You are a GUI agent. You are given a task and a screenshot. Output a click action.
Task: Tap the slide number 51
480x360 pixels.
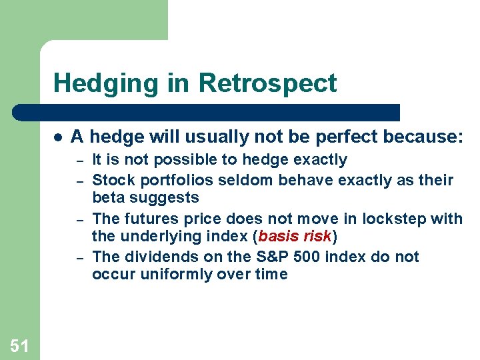pos(19,345)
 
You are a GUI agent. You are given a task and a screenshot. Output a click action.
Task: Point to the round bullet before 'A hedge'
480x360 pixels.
pos(59,137)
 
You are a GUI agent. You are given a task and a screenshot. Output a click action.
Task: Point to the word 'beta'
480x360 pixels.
pos(108,198)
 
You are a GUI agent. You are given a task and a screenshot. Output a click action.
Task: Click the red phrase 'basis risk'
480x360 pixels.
pos(294,236)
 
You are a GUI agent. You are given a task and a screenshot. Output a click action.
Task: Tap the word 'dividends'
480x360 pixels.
pos(153,257)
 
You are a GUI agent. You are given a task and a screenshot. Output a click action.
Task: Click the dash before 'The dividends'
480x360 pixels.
pos(78,257)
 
